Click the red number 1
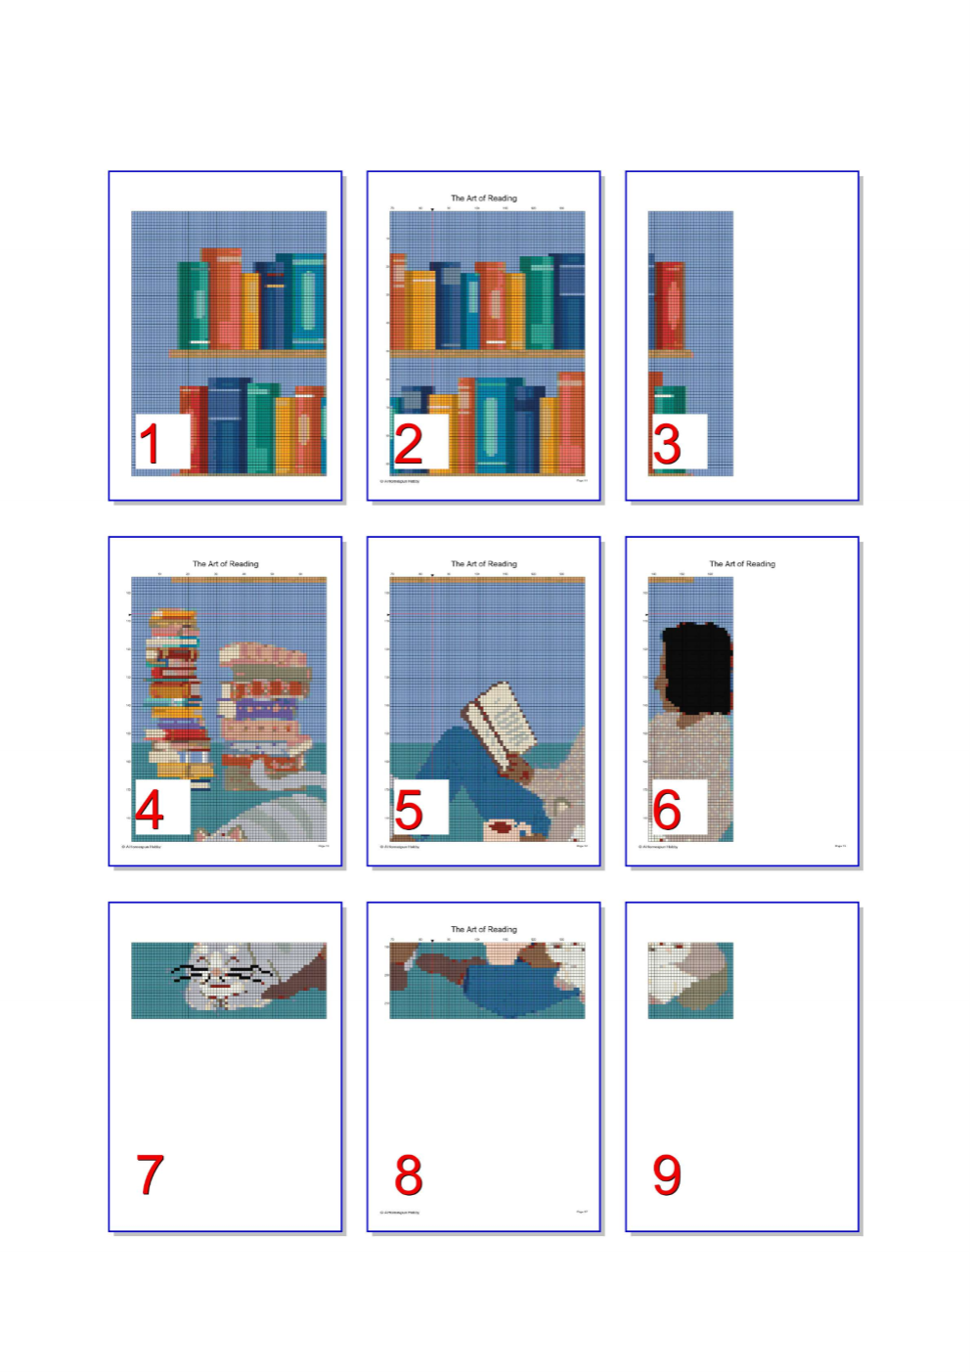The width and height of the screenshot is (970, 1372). pos(150,443)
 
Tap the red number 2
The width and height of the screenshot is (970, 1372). pos(408,443)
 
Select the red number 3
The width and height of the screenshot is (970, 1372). pos(667,443)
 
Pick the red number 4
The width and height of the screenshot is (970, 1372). pos(150,809)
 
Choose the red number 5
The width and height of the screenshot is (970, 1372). pos(408,809)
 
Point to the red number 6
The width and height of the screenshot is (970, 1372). pos(667,809)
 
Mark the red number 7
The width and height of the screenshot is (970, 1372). pos(150,1174)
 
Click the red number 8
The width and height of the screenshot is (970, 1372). pos(408,1174)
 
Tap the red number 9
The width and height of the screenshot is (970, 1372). pos(667,1174)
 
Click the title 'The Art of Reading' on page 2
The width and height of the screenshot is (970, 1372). pos(483,199)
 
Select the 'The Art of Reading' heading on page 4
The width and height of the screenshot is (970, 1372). pos(225,564)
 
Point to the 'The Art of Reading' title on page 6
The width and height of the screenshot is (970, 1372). pos(741,564)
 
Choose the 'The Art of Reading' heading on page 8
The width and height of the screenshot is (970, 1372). pos(483,930)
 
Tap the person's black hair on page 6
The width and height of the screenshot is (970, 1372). pos(697,667)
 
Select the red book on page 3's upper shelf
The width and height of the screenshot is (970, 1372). pos(670,305)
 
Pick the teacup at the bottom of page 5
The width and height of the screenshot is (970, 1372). pos(503,828)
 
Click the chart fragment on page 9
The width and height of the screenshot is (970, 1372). pos(690,980)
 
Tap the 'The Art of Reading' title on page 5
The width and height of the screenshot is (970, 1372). pos(483,564)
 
